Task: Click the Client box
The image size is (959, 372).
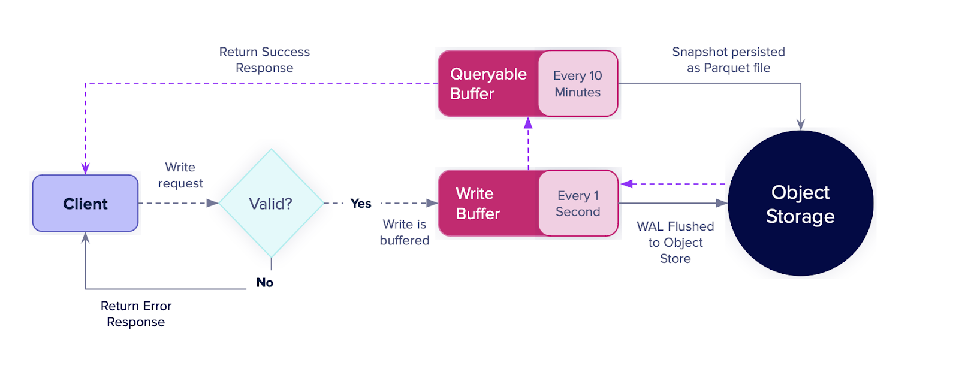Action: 85,203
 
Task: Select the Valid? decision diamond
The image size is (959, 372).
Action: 271,203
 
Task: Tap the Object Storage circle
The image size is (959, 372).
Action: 801,203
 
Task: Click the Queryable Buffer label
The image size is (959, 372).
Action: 488,84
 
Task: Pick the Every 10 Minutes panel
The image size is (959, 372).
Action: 578,83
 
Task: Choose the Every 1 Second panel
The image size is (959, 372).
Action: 578,203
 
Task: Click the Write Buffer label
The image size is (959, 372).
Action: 478,203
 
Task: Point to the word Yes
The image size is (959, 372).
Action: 360,203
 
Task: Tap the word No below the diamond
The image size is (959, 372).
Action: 264,283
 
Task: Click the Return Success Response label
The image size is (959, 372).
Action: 264,60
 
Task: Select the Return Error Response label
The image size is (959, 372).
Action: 135,314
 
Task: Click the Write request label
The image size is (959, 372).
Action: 180,175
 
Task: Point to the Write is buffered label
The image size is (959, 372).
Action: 405,232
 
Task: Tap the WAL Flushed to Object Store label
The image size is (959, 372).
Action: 675,242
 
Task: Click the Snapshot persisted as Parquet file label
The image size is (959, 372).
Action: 728,60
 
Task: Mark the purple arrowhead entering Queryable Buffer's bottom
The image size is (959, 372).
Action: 528,123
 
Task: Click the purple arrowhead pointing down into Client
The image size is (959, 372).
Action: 85,169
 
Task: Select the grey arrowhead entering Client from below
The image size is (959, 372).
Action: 85,238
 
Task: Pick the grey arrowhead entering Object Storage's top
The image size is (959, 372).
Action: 801,125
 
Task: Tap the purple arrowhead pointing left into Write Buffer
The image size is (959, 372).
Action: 627,184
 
